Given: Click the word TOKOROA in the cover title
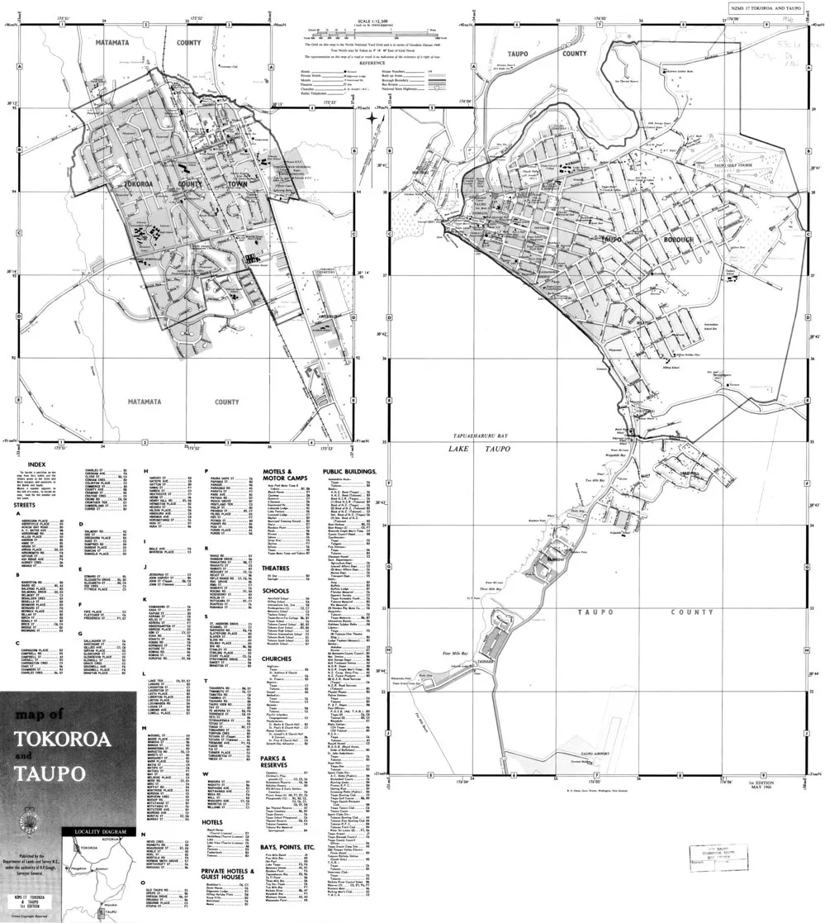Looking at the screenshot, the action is click(64, 738).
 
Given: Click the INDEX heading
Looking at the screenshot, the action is click(36, 465).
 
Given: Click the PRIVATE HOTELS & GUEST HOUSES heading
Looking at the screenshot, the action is click(227, 874).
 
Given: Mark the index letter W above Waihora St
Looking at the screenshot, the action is click(206, 773).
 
